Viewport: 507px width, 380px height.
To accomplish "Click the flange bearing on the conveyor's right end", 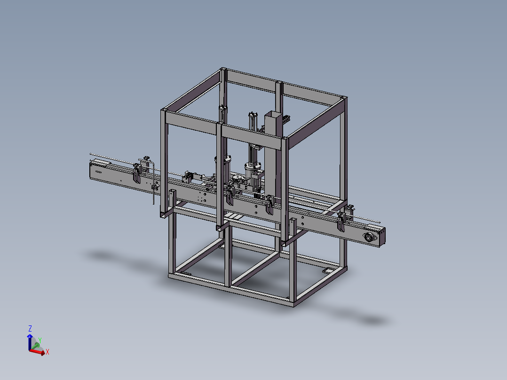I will [370, 237].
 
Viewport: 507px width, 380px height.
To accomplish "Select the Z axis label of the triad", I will [30, 329].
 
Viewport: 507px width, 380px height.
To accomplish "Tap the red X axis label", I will [48, 352].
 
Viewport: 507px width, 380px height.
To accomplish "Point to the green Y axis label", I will [40, 340].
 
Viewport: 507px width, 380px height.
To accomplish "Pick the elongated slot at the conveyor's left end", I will [100, 172].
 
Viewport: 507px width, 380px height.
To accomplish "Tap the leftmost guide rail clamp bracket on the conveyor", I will [136, 172].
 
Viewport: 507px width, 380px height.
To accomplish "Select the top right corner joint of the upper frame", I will [345, 98].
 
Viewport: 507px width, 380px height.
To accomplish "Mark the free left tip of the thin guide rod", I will [90, 153].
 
